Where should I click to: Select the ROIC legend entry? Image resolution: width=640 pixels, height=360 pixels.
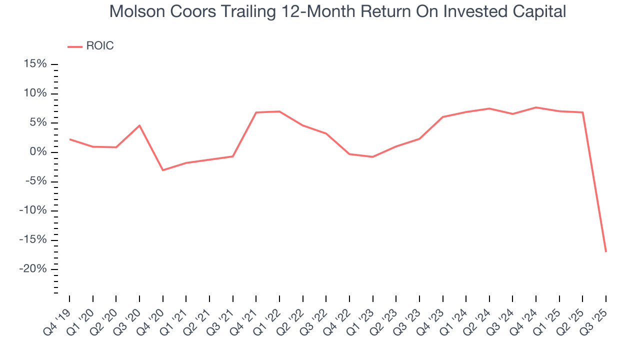[x=99, y=46]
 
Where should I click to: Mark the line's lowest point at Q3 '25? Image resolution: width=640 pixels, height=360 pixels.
[x=605, y=251]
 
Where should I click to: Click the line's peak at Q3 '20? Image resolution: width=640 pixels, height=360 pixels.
[x=139, y=125]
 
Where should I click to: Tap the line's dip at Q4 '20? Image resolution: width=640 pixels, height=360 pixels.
[x=162, y=170]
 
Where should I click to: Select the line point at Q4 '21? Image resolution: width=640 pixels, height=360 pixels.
[x=256, y=112]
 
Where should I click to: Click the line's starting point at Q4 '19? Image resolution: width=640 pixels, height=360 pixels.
[x=69, y=139]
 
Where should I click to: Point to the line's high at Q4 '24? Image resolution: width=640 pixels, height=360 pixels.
[x=535, y=107]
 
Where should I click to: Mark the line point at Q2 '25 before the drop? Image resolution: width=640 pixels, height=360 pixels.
[x=582, y=112]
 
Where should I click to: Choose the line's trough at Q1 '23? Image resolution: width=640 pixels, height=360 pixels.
[x=372, y=157]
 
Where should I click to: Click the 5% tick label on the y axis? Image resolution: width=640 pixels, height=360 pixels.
[x=38, y=122]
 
